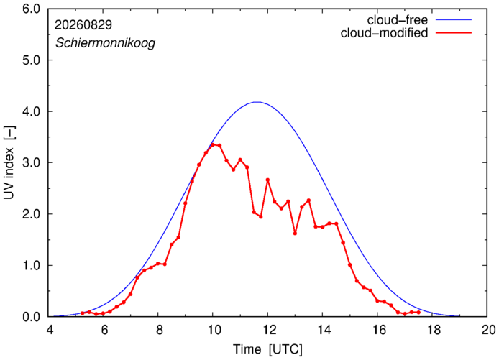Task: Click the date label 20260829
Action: [83, 25]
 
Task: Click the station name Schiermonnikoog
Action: [106, 43]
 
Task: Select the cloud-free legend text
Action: [398, 20]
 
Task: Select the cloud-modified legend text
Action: [384, 33]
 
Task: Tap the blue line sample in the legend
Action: [454, 19]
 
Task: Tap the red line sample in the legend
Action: [454, 32]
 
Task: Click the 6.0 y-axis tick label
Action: [31, 9]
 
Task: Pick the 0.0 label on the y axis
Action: [31, 317]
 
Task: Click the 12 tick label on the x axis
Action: [268, 330]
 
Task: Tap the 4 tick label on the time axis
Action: [50, 330]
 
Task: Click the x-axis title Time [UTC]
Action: [267, 349]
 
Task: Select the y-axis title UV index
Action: [9, 163]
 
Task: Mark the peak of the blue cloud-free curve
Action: [257, 102]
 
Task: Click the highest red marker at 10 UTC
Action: [213, 144]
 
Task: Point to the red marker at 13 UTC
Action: [295, 234]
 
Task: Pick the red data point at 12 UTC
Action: [267, 180]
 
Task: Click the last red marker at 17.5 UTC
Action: [418, 313]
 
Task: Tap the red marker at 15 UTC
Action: [349, 264]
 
